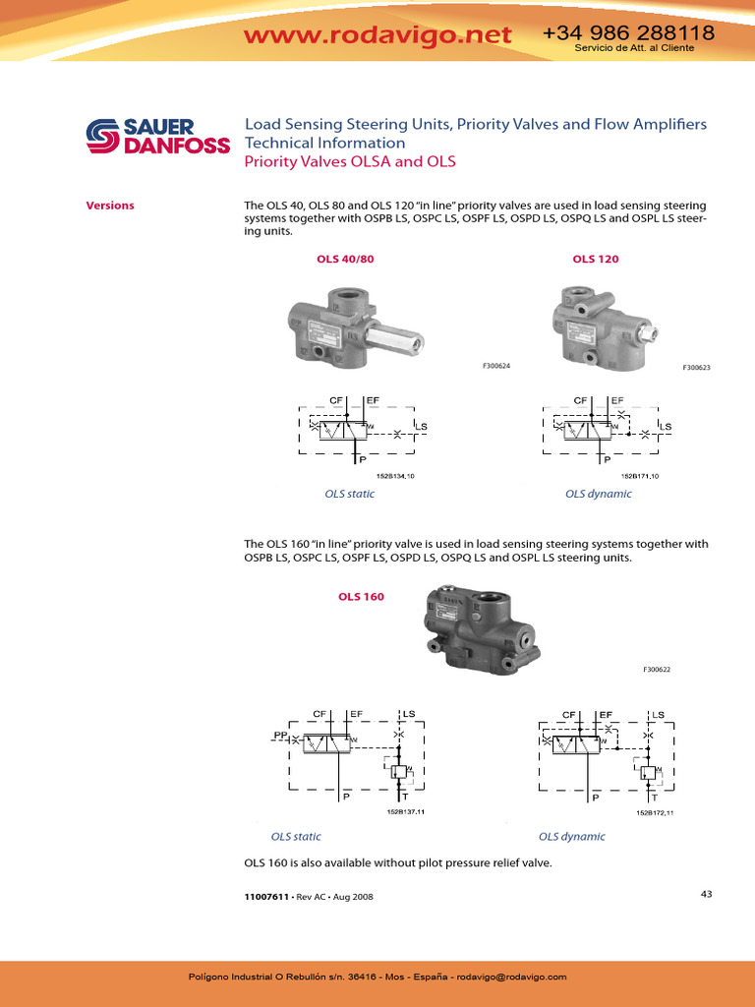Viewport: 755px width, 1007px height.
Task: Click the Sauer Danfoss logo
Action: click(156, 137)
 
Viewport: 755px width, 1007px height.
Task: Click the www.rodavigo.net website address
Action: click(377, 35)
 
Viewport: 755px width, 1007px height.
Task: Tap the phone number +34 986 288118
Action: click(628, 33)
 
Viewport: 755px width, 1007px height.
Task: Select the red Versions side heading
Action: click(110, 206)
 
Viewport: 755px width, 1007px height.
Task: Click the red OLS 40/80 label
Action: click(345, 259)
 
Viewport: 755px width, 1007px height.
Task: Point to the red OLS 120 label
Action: click(596, 259)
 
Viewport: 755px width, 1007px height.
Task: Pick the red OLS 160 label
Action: click(361, 597)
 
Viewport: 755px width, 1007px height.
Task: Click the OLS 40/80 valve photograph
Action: click(355, 325)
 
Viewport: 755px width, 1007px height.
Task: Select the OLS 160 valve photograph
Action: click(481, 629)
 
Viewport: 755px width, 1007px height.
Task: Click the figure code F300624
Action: click(496, 366)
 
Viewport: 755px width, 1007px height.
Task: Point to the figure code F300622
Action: click(657, 670)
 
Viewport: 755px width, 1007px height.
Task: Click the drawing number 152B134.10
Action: click(395, 476)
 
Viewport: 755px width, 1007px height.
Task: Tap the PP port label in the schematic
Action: click(279, 734)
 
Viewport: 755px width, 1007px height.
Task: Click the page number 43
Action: click(706, 894)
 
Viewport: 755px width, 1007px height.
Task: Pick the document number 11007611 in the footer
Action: click(265, 897)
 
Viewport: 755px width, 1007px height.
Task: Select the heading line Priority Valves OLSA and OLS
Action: click(350, 161)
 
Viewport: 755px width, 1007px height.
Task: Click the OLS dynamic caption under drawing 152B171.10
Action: click(598, 494)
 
